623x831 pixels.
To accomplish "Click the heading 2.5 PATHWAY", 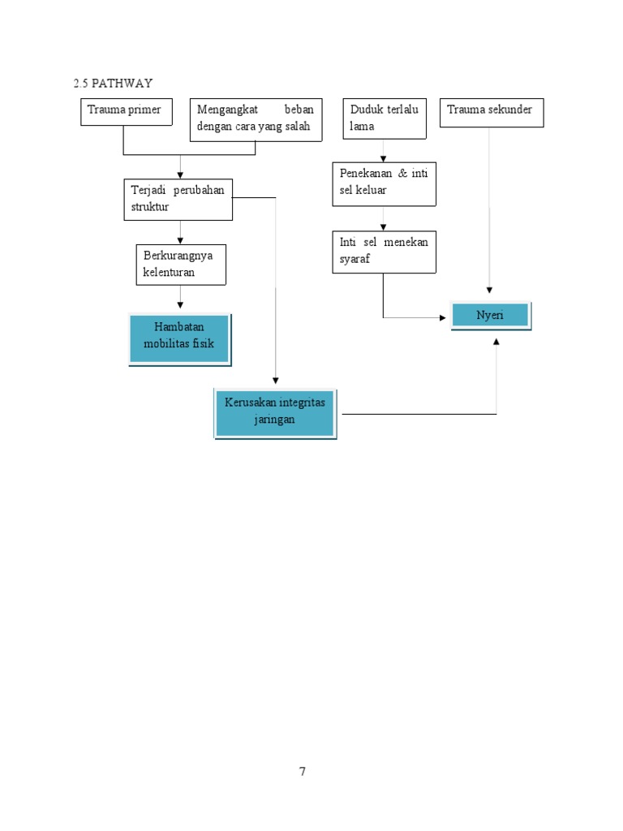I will [113, 84].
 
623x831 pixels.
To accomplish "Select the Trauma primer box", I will [127, 111].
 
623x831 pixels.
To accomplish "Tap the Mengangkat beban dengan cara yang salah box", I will [255, 119].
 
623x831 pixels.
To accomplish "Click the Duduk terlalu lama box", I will [384, 118].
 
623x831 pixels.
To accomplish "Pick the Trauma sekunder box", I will [492, 112].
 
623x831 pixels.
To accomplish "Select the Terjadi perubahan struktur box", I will [178, 199].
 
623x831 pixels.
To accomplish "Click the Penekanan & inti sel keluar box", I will [384, 183].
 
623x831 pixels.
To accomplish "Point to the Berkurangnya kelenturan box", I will [180, 265].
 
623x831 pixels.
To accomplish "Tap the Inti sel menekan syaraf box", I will [384, 252].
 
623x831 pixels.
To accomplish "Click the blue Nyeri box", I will [490, 315].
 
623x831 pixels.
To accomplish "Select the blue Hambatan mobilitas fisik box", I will [179, 339].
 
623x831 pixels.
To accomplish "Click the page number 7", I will [303, 772].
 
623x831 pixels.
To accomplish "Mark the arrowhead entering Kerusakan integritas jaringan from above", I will [276, 379].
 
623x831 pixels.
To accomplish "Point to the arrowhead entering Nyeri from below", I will [496, 342].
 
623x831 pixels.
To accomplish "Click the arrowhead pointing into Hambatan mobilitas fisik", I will [180, 305].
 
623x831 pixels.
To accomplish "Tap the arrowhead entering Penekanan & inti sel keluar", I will [384, 158].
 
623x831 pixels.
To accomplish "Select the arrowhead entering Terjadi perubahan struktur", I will [180, 174].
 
